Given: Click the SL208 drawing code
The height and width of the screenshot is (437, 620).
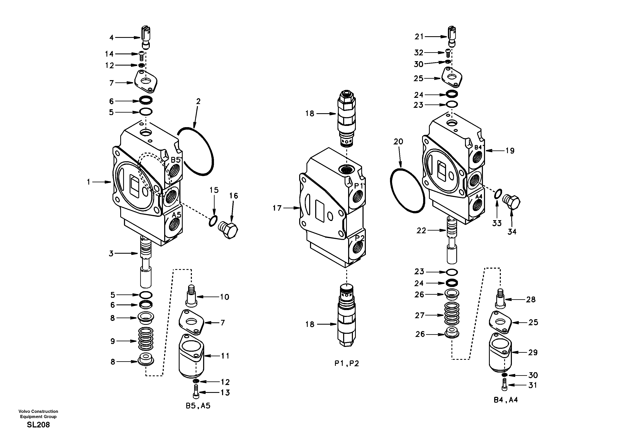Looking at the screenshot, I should tap(38, 425).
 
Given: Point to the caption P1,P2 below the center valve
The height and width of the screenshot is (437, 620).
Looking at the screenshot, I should tap(347, 364).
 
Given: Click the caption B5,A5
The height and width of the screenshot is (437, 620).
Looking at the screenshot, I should tap(198, 406).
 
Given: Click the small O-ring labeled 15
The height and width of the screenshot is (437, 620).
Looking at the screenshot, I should tap(213, 221).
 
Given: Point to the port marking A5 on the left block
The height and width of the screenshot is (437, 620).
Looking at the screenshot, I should tap(176, 215).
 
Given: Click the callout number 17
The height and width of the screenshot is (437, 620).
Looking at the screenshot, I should tap(277, 208).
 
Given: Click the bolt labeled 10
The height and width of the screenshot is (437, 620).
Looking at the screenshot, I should tap(191, 296).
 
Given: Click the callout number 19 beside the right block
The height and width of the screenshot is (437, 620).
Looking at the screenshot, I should tap(510, 151).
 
